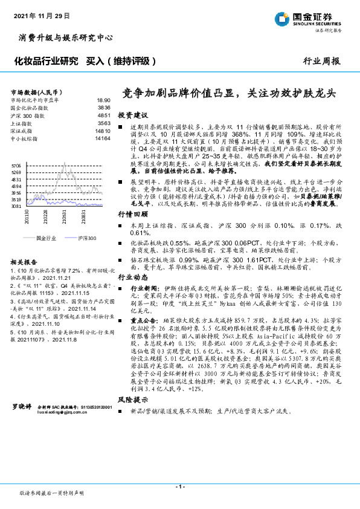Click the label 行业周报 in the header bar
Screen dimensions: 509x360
321,62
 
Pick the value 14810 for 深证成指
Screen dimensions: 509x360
102,130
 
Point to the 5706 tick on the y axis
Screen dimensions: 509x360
16,165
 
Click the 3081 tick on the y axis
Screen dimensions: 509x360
16,206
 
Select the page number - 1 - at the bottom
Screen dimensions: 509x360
179,486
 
